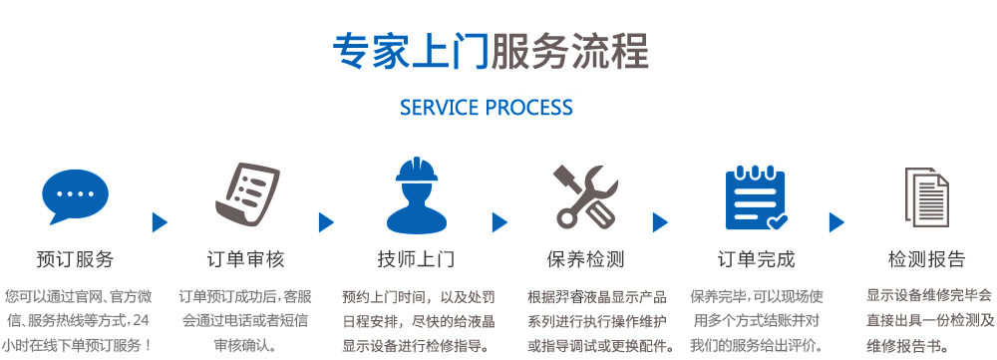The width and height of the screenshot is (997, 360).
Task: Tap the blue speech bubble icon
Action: click(75, 196)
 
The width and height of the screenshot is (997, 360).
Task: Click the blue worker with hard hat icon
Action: click(416, 194)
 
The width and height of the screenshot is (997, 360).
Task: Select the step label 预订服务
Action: click(75, 259)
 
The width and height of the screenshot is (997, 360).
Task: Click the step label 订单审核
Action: click(245, 259)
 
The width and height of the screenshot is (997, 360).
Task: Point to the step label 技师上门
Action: click(416, 259)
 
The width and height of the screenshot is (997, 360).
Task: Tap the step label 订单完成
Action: click(756, 259)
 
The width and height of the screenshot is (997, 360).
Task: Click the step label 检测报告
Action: click(926, 259)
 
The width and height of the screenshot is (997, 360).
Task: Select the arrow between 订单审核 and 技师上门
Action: click(326, 222)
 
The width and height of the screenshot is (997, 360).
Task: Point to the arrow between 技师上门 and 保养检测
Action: click(499, 222)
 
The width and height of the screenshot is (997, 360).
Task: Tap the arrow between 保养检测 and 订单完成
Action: click(660, 222)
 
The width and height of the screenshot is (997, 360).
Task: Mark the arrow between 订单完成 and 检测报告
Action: click(836, 222)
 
